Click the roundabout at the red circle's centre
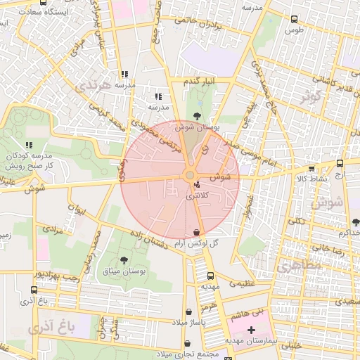click(189, 175)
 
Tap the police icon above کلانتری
click(195, 185)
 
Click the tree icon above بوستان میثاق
click(125, 260)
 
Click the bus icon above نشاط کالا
click(311, 168)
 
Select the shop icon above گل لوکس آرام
click(195, 232)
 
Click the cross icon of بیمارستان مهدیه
click(252, 329)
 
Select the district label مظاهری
click(297, 268)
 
